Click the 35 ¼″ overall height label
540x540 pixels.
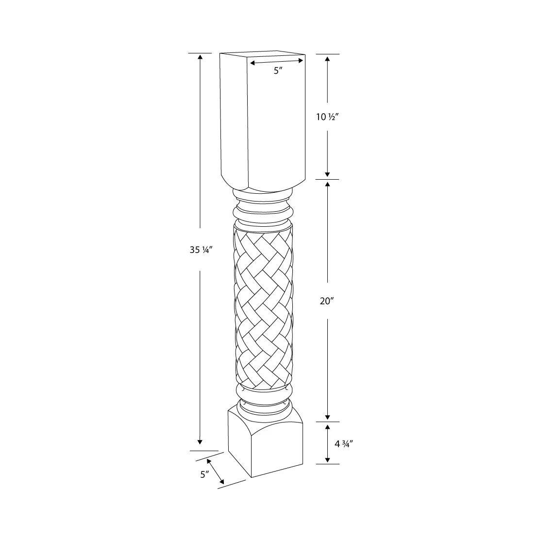coord(200,250)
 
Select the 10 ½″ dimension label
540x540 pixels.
coord(327,117)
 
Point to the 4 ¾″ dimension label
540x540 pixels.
coord(344,444)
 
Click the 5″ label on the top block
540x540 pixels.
coord(278,71)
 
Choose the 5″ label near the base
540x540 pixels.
coord(204,474)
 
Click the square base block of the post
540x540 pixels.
coord(266,444)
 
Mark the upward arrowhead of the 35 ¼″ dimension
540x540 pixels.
coord(200,56)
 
